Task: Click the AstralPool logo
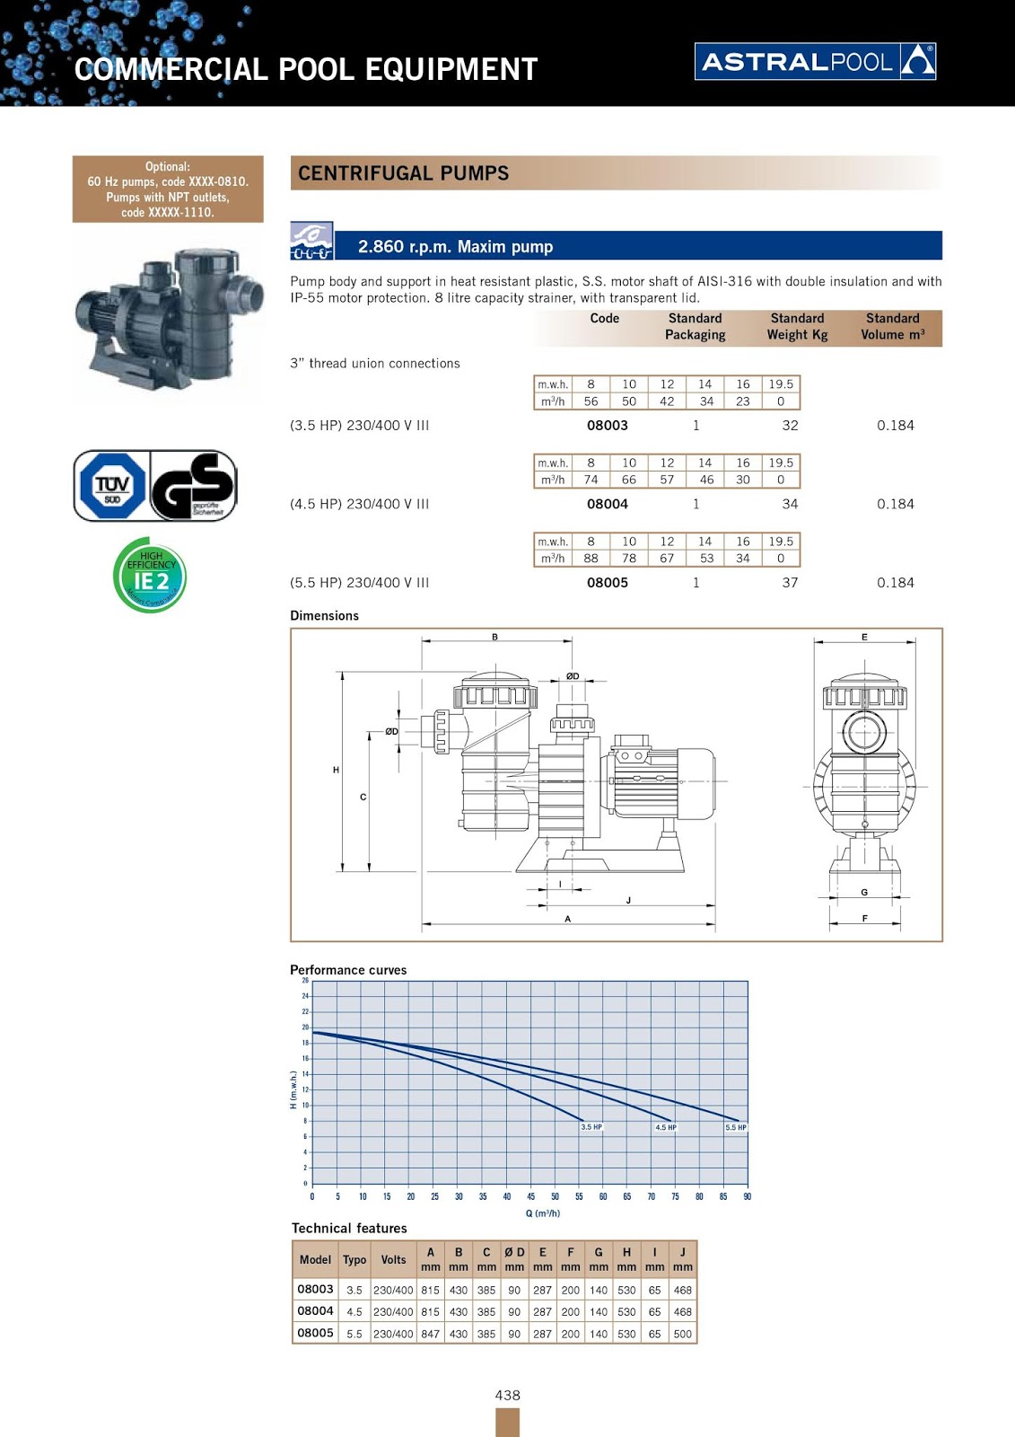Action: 815,61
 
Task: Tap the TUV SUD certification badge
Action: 111,486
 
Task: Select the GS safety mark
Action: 194,486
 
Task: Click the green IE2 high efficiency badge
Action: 151,576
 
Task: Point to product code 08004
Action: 608,504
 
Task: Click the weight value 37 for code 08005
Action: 790,583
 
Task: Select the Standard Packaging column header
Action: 695,326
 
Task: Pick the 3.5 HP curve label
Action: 591,1127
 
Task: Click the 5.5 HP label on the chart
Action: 736,1127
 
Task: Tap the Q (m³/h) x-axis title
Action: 542,1213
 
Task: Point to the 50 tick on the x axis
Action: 555,1196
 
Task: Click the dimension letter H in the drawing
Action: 337,770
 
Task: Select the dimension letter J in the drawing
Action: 628,900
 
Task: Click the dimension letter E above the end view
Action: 864,637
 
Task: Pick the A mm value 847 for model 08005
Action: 431,1334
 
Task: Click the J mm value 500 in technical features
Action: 682,1334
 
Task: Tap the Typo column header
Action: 354,1260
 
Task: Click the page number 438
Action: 507,1395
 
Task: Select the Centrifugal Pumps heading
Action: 403,173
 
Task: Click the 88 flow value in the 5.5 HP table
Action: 591,558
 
